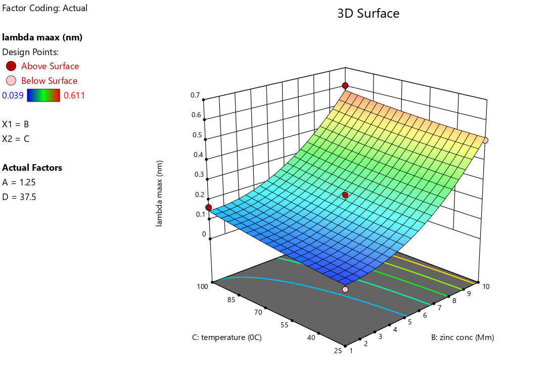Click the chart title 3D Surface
368,14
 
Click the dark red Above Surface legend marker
11,66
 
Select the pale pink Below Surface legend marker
11,81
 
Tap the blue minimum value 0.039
13,95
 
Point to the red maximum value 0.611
74,95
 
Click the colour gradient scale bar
43,95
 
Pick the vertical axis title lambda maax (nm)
160,193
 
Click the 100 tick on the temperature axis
202,286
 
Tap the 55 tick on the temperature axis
284,325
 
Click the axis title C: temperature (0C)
227,337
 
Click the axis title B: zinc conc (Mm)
463,337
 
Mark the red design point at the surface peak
345,85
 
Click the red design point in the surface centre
345,195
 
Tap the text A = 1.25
19,182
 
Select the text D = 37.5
19,197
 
